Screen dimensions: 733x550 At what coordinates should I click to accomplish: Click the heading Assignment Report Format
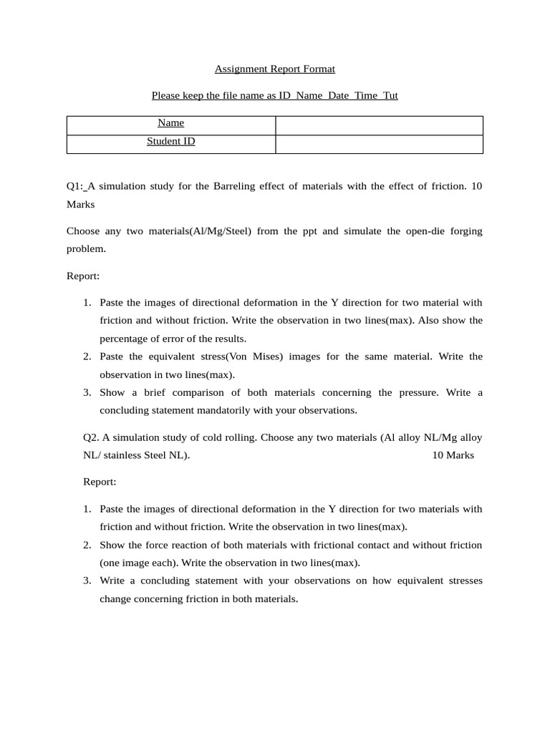274,69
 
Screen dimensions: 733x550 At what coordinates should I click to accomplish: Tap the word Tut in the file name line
390,95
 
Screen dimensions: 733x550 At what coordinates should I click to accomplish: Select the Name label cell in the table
171,123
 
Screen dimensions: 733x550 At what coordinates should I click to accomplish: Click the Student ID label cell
171,142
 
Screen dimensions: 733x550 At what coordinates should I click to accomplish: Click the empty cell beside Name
379,125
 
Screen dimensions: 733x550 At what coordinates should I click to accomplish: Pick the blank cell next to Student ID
379,144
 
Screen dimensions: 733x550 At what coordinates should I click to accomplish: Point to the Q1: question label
75,186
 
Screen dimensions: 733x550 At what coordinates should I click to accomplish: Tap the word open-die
407,231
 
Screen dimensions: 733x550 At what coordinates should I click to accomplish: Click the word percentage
122,339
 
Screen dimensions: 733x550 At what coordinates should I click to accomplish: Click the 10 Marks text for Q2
453,455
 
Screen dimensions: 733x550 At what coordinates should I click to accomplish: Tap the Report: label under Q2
100,482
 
